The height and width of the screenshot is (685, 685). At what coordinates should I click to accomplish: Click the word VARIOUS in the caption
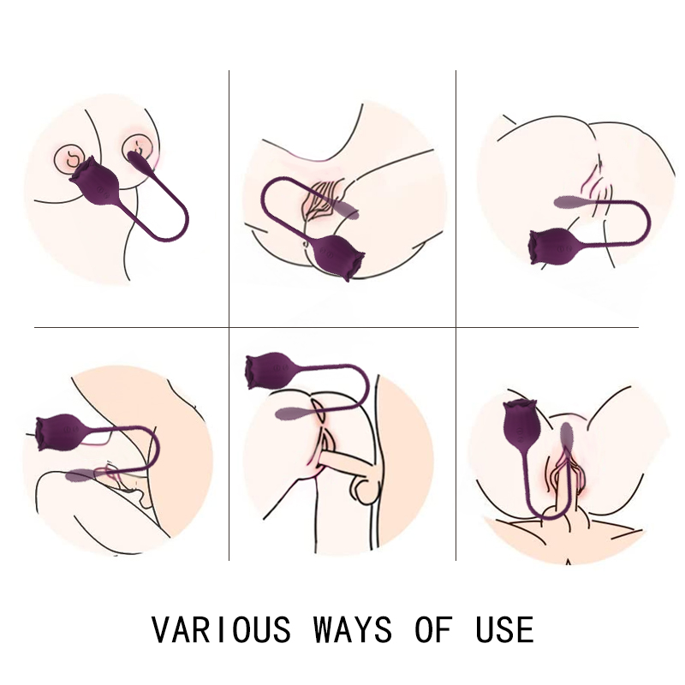click(221, 629)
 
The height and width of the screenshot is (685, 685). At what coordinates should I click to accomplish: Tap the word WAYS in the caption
click(353, 629)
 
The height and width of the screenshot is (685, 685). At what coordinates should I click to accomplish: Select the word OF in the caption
click(433, 629)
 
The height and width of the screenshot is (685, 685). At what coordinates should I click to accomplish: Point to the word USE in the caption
click(504, 629)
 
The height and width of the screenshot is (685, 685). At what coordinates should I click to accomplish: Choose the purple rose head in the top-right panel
click(551, 246)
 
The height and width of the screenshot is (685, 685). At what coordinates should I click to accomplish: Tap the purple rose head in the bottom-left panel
click(59, 432)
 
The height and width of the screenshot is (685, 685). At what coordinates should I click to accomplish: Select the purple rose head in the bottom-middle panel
click(269, 370)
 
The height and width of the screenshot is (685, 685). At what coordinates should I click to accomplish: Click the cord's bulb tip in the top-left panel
click(141, 161)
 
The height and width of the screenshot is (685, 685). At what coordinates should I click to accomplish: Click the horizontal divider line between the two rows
click(337, 327)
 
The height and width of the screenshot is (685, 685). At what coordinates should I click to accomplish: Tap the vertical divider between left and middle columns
click(229, 314)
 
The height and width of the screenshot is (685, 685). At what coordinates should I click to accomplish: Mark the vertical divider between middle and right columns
click(456, 314)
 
